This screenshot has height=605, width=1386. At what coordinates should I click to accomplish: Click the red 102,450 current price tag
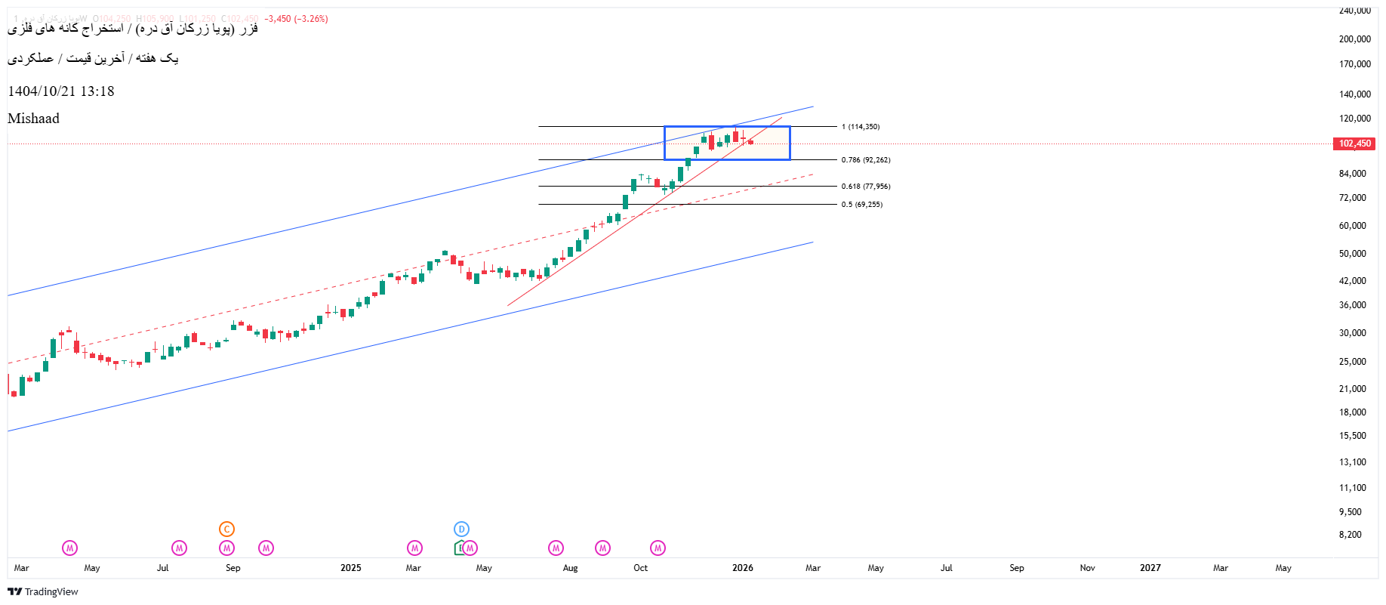(1354, 144)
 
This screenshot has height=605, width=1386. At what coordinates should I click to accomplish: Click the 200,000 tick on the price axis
(1354, 39)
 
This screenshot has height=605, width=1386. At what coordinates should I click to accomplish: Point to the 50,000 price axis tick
(1352, 254)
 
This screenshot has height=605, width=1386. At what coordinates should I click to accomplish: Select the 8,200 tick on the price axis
(1350, 535)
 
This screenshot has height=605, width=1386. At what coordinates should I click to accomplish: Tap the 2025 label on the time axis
(350, 568)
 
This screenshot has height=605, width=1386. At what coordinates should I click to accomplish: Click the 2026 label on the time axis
(742, 568)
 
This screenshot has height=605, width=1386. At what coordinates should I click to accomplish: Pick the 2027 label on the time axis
(1150, 568)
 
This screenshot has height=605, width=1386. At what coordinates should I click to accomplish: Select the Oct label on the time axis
(640, 568)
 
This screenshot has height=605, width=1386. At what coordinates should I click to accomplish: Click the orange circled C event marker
(226, 529)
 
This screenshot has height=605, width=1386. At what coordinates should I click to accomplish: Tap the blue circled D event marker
(461, 529)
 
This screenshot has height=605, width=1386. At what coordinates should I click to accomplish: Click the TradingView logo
(43, 591)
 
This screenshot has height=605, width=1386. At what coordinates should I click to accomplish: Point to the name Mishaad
(33, 119)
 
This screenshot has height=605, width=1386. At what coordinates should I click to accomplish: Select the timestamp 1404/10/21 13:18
(61, 91)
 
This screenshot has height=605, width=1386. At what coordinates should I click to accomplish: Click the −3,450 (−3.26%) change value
(296, 19)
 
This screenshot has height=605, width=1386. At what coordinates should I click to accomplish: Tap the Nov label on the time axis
(1087, 568)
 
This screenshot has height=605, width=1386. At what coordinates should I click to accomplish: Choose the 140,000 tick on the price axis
(1354, 94)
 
